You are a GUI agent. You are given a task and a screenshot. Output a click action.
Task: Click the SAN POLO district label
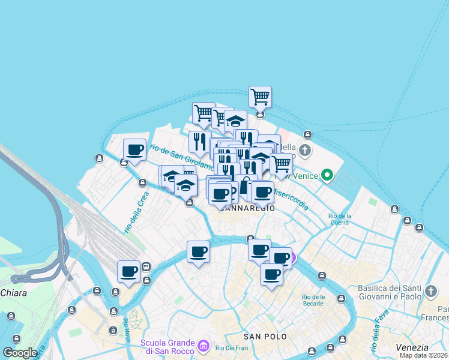click(x=265, y=337)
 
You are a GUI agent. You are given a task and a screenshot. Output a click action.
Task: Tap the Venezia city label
click(x=412, y=347)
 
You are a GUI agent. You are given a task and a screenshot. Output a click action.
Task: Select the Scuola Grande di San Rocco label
click(x=167, y=347)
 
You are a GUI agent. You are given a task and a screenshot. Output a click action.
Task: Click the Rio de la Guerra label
click(x=339, y=219)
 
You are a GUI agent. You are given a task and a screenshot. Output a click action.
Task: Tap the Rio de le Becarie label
click(x=313, y=301)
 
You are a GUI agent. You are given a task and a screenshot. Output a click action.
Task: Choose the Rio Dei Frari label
click(x=229, y=347)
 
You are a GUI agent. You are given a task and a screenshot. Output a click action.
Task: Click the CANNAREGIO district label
click(x=247, y=208)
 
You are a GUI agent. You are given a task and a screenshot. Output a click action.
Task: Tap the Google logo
click(x=20, y=353)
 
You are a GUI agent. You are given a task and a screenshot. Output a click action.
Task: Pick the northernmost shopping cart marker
click(x=260, y=97)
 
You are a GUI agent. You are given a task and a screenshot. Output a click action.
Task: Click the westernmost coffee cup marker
click(x=129, y=271)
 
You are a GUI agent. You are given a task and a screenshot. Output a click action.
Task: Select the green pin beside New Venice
click(x=327, y=175)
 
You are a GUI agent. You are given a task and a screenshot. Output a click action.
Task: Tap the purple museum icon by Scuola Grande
click(x=203, y=346)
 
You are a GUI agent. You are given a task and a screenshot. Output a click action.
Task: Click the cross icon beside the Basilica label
click(x=430, y=292)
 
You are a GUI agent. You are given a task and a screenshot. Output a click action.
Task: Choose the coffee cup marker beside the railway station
click(x=129, y=271)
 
